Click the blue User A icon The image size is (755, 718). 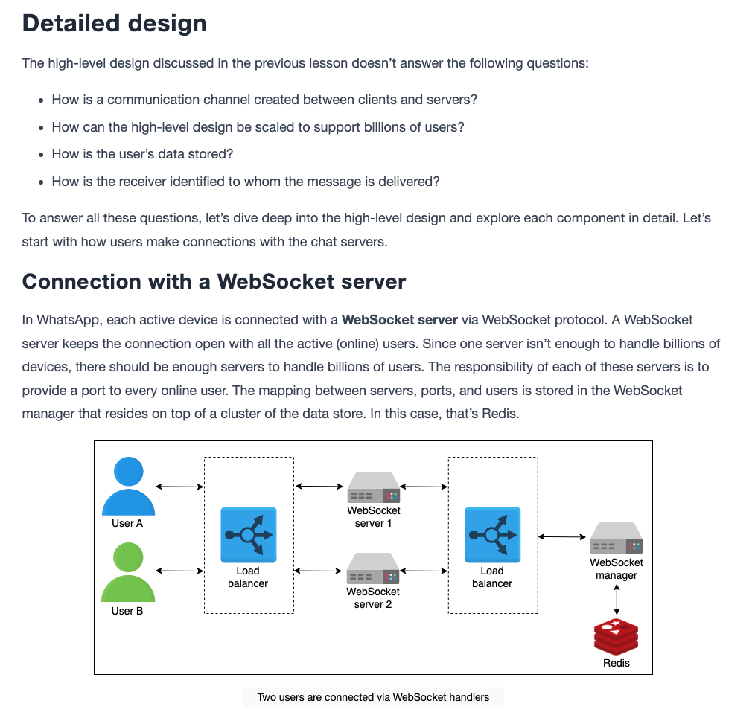click(x=128, y=486)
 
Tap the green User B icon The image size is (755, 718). click(x=128, y=572)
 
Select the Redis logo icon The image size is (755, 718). click(x=617, y=637)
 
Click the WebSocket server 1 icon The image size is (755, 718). click(x=374, y=487)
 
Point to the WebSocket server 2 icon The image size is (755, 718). click(x=373, y=568)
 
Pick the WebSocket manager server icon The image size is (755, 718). click(x=617, y=538)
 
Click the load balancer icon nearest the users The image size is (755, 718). click(x=249, y=535)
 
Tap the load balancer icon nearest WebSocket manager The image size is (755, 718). click(x=493, y=535)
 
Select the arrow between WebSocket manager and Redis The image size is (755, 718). click(x=617, y=600)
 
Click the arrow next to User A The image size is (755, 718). click(x=179, y=487)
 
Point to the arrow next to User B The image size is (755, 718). click(x=179, y=571)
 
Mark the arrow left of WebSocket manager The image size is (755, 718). click(x=562, y=536)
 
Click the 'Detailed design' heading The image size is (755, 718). click(x=115, y=23)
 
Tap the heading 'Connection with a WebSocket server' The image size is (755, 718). click(x=214, y=281)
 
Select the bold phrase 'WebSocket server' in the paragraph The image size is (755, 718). click(x=400, y=320)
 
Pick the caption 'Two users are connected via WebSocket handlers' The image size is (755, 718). click(x=373, y=697)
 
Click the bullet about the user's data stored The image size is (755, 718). click(x=142, y=154)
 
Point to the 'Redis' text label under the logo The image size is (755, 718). click(x=617, y=663)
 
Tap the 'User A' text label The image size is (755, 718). click(x=127, y=523)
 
